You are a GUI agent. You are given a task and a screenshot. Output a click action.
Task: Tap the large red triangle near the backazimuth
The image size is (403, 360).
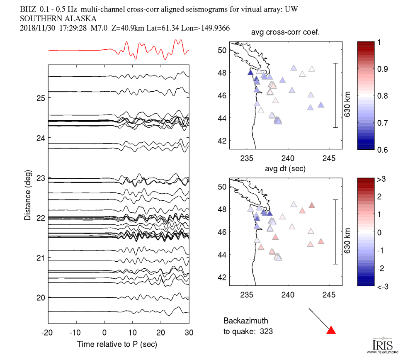[331, 330]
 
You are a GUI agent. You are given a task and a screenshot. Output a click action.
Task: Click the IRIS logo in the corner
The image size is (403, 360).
[380, 345]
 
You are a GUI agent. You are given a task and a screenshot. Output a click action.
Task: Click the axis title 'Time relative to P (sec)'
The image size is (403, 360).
[117, 344]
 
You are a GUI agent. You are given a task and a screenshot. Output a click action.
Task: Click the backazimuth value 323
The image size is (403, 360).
[267, 331]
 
